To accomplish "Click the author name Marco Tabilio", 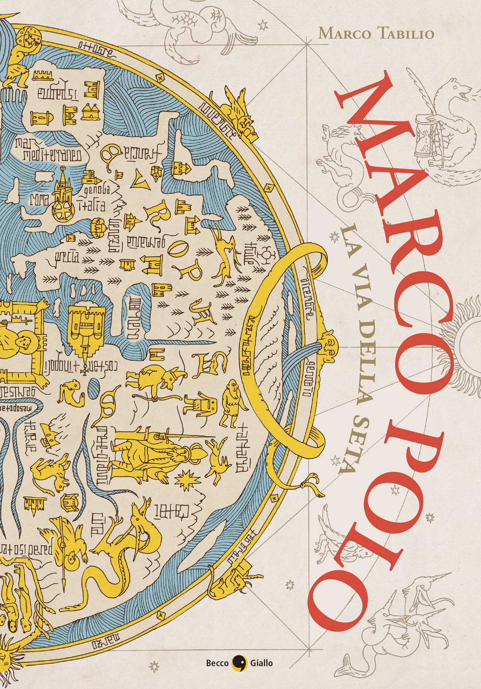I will (376, 33).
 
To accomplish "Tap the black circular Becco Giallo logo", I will (239, 663).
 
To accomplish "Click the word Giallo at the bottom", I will (261, 663).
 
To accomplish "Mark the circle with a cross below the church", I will (63, 212).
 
